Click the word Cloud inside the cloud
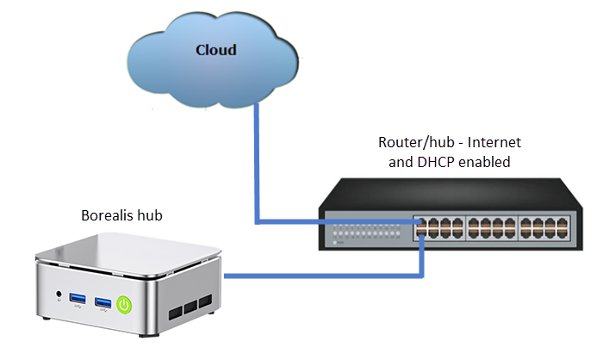215,50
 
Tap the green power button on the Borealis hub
125,303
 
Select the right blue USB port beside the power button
103,302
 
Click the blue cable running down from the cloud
256,164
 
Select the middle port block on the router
492,227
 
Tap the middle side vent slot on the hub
190,307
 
